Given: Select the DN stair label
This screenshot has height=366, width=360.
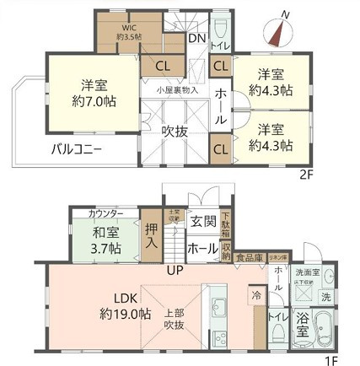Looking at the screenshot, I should coord(196,38).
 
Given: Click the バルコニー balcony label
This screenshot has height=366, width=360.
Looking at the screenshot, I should coord(75,150).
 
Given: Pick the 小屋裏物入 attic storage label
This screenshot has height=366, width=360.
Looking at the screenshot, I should coord(177,89).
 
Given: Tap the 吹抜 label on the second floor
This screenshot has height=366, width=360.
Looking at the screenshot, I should coord(175,131).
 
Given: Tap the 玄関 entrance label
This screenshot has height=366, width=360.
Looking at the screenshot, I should coord(202,222).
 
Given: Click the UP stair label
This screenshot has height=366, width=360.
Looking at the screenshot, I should coord(175,271).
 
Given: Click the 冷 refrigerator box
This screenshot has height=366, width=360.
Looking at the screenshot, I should coord(255,295).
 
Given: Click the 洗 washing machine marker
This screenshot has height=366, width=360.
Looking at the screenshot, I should coord(325,298).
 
